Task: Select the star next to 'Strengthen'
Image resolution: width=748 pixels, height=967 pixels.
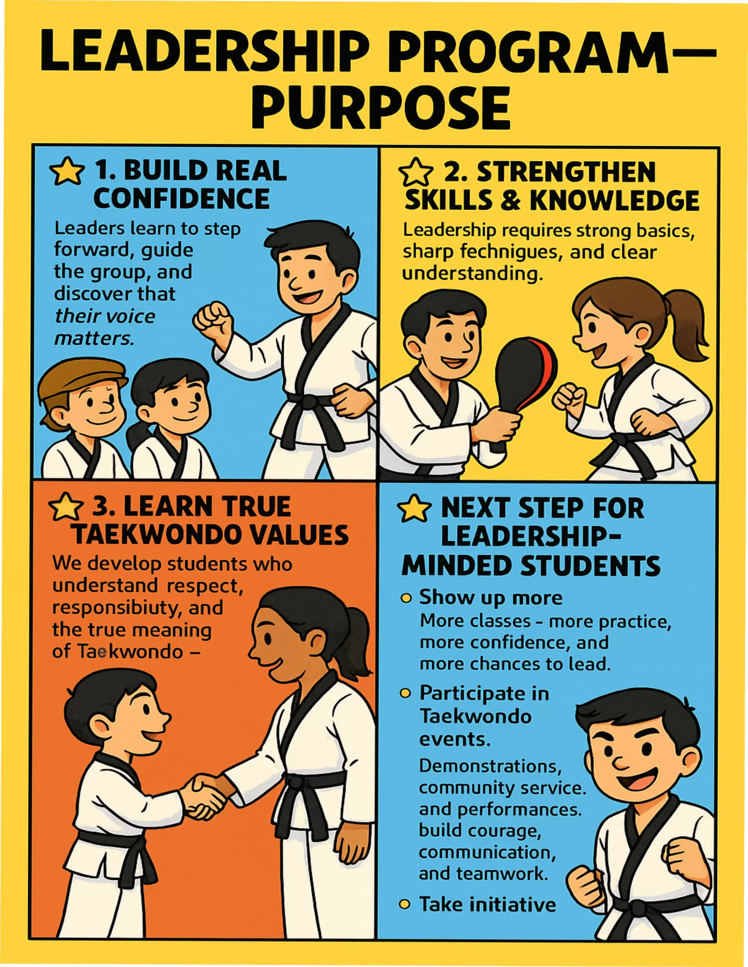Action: (416, 172)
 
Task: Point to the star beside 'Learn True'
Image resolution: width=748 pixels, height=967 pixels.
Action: (66, 507)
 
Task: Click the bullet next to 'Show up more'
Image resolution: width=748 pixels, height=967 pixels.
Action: (406, 599)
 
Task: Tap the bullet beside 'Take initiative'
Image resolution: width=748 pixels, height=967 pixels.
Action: (404, 904)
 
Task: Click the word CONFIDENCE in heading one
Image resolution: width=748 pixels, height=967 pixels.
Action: (182, 199)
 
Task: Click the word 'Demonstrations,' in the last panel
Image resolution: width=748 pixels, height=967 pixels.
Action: (490, 766)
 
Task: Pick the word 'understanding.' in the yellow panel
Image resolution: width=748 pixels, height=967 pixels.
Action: (472, 273)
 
